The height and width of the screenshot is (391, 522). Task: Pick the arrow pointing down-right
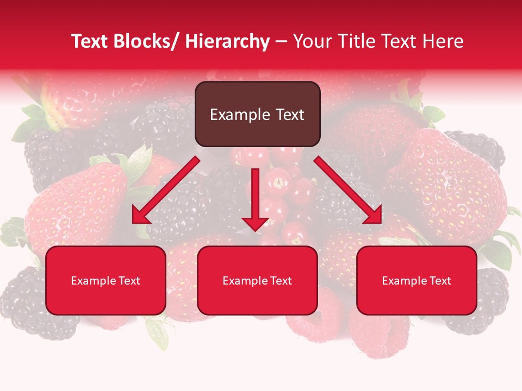coord(348,190)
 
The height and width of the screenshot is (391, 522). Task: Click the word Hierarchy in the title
coord(227,42)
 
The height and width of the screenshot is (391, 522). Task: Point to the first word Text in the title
coord(90,42)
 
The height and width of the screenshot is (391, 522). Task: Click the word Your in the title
coord(312,42)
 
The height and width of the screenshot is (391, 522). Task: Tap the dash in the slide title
coord(281,42)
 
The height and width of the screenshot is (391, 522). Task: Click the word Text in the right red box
coord(439,281)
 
